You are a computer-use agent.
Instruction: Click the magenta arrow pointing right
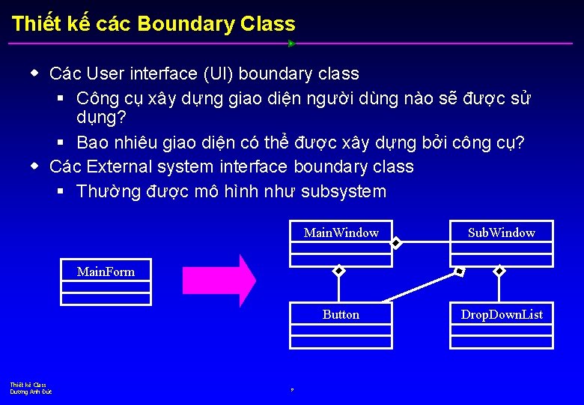(219, 280)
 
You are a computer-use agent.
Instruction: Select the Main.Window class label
(341, 232)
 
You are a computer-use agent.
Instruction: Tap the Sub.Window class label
(501, 232)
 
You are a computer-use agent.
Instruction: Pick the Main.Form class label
(106, 271)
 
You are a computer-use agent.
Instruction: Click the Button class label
(341, 314)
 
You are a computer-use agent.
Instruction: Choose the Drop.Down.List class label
(501, 314)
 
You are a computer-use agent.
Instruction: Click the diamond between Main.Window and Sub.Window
(396, 242)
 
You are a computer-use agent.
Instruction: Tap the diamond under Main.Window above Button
(338, 271)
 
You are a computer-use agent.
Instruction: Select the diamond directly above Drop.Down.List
(499, 271)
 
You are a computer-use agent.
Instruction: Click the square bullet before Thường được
(61, 192)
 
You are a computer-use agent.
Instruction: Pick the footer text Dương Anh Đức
(31, 392)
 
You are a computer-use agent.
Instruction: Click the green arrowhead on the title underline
(291, 43)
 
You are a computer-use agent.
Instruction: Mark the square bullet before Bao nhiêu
(61, 142)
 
